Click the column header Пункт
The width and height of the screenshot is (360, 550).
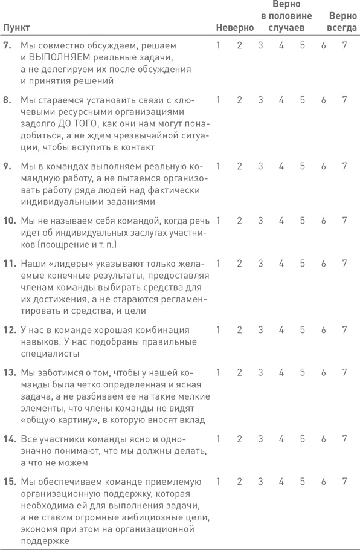[x=16, y=28]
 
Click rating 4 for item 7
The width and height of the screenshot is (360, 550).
[x=281, y=45]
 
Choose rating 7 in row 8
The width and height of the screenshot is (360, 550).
[x=344, y=100]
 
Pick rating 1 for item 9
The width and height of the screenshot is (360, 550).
[x=219, y=166]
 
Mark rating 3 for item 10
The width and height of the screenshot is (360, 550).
[x=260, y=220]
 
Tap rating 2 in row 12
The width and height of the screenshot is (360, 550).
[x=239, y=330]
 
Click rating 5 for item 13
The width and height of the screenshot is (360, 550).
[x=302, y=372]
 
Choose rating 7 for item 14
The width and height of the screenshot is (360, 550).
[x=344, y=439]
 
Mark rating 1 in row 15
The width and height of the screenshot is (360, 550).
[x=219, y=482]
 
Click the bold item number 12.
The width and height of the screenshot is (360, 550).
[x=9, y=330]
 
